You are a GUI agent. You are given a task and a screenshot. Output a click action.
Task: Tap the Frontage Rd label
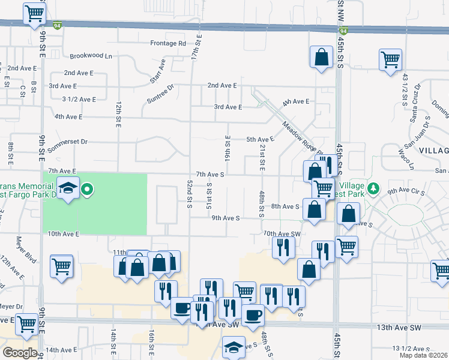(168, 43)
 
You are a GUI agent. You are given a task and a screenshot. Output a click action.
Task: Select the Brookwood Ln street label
(91, 56)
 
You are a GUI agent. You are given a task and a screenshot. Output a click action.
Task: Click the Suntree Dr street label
(160, 94)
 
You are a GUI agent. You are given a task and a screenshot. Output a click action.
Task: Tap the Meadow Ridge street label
(299, 137)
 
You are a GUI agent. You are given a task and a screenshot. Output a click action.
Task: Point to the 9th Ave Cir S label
(406, 191)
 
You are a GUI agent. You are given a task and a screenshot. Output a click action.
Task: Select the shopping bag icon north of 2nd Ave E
(321, 58)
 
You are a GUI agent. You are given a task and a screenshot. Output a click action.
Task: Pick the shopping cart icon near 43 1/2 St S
(390, 60)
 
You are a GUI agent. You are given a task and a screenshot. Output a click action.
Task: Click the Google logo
(20, 353)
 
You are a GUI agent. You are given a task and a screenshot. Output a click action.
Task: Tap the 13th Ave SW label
(399, 328)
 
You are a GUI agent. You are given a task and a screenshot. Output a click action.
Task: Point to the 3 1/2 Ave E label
(79, 99)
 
